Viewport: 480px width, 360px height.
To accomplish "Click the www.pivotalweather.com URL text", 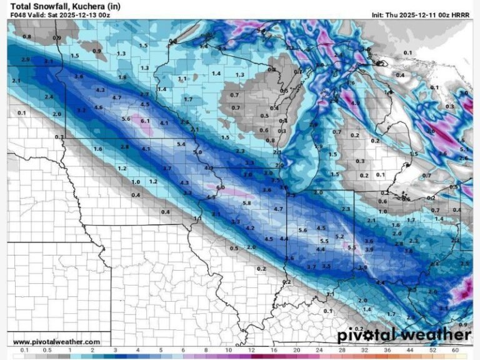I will coord(56,342).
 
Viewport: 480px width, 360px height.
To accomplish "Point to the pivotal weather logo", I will coord(404,336).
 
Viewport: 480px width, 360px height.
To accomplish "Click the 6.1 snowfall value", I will coord(145,121).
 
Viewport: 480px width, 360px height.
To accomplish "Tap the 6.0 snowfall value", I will coord(220,187).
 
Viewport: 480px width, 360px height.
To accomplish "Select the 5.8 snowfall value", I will coord(246,203).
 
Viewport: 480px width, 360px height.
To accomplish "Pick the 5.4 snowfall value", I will coord(181,144).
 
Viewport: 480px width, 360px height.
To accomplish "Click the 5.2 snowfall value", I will coord(340,236).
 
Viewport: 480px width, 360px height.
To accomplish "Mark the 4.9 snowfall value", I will coord(354,102).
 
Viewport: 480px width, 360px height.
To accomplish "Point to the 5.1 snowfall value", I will coord(463,149).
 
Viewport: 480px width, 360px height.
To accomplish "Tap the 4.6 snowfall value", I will coord(98,107).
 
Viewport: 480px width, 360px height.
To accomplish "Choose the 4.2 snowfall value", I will coord(250,228).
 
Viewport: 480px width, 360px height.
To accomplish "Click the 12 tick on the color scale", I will coord(251,351).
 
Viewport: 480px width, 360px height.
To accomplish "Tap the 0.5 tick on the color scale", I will coord(47,351).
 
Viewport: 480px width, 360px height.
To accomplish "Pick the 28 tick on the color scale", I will coord(342,351).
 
